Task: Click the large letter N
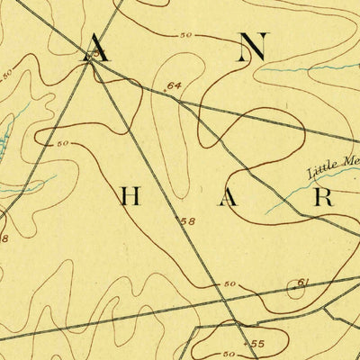click(x=254, y=49)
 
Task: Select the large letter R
click(x=324, y=198)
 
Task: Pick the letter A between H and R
click(x=229, y=198)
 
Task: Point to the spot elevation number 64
click(x=174, y=86)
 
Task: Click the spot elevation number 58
click(x=187, y=220)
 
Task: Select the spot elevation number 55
click(x=257, y=343)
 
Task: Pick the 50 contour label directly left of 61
click(x=230, y=285)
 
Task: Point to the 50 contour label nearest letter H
click(x=63, y=144)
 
